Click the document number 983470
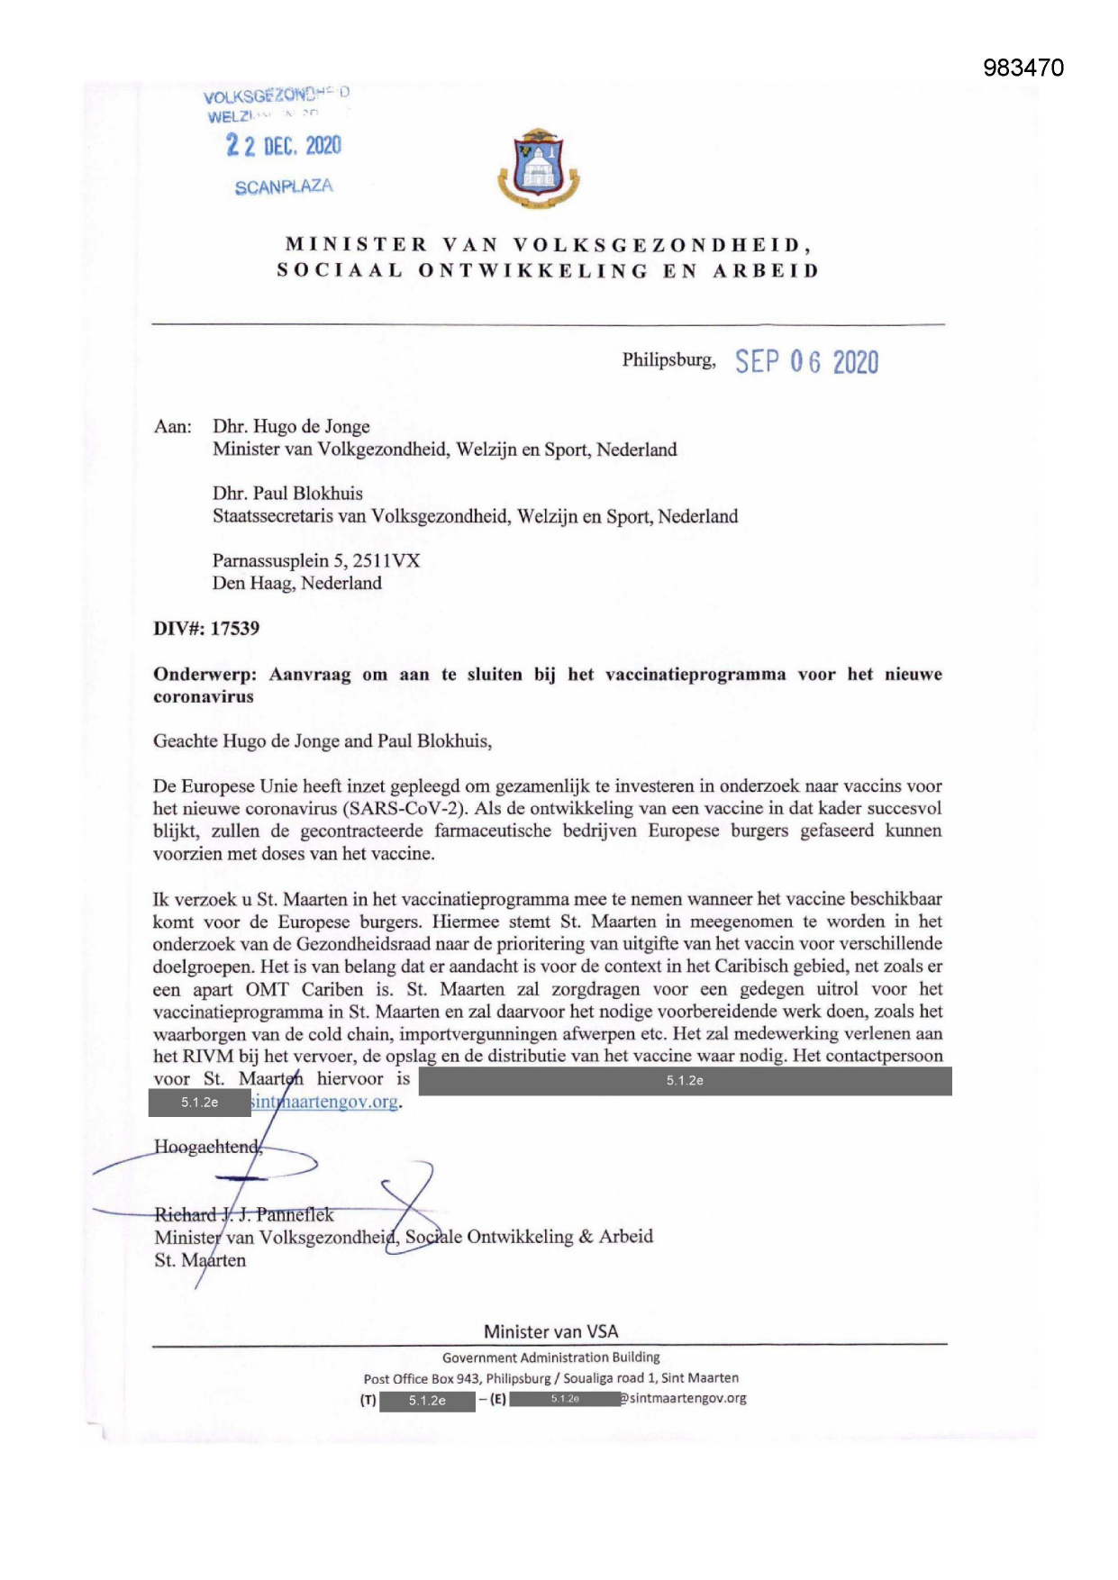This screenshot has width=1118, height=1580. pyautogui.click(x=1023, y=68)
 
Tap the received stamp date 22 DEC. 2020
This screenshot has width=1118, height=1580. pyautogui.click(x=284, y=145)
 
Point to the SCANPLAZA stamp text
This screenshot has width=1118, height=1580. pyautogui.click(x=284, y=187)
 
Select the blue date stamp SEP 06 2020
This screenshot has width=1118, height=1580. pyautogui.click(x=806, y=362)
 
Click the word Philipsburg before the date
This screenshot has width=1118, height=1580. pyautogui.click(x=668, y=360)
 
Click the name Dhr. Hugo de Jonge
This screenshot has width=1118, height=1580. pyautogui.click(x=291, y=426)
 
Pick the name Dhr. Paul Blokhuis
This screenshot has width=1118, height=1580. pyautogui.click(x=287, y=493)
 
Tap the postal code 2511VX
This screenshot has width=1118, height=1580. pyautogui.click(x=386, y=560)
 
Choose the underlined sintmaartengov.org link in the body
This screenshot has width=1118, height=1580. pyautogui.click(x=324, y=1102)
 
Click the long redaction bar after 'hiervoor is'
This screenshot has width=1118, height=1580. pyautogui.click(x=685, y=1080)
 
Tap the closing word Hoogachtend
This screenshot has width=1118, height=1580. pyautogui.click(x=207, y=1147)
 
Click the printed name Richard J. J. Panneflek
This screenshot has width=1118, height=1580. pyautogui.click(x=244, y=1214)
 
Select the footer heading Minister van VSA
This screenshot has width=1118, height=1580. pyautogui.click(x=550, y=1331)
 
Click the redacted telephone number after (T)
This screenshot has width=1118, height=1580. pyautogui.click(x=427, y=1401)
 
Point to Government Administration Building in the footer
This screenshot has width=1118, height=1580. pyautogui.click(x=550, y=1358)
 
